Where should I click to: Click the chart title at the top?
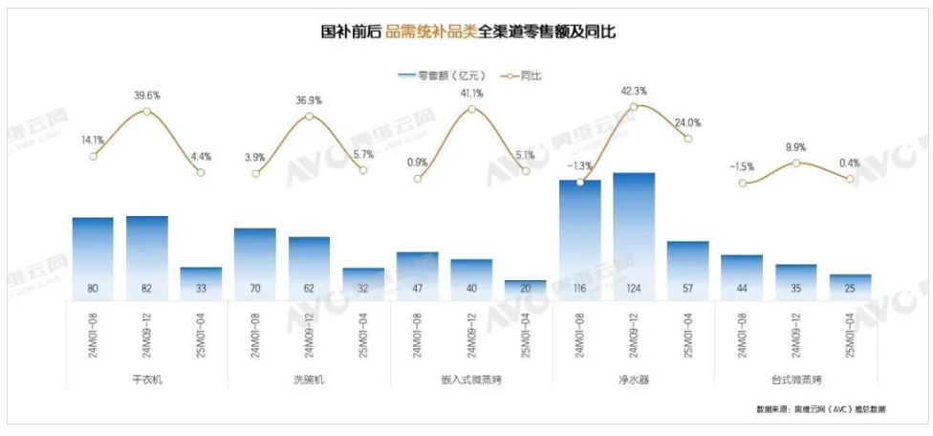(466, 32)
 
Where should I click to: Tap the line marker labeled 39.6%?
(146, 111)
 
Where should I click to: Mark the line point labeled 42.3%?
(634, 105)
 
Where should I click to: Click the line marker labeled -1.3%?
(580, 182)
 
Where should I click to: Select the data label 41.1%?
(471, 93)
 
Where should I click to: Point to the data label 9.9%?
(796, 147)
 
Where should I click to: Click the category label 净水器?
(634, 380)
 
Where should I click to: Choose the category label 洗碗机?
(309, 380)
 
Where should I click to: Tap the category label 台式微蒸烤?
(796, 380)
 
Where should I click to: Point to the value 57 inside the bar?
(688, 289)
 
